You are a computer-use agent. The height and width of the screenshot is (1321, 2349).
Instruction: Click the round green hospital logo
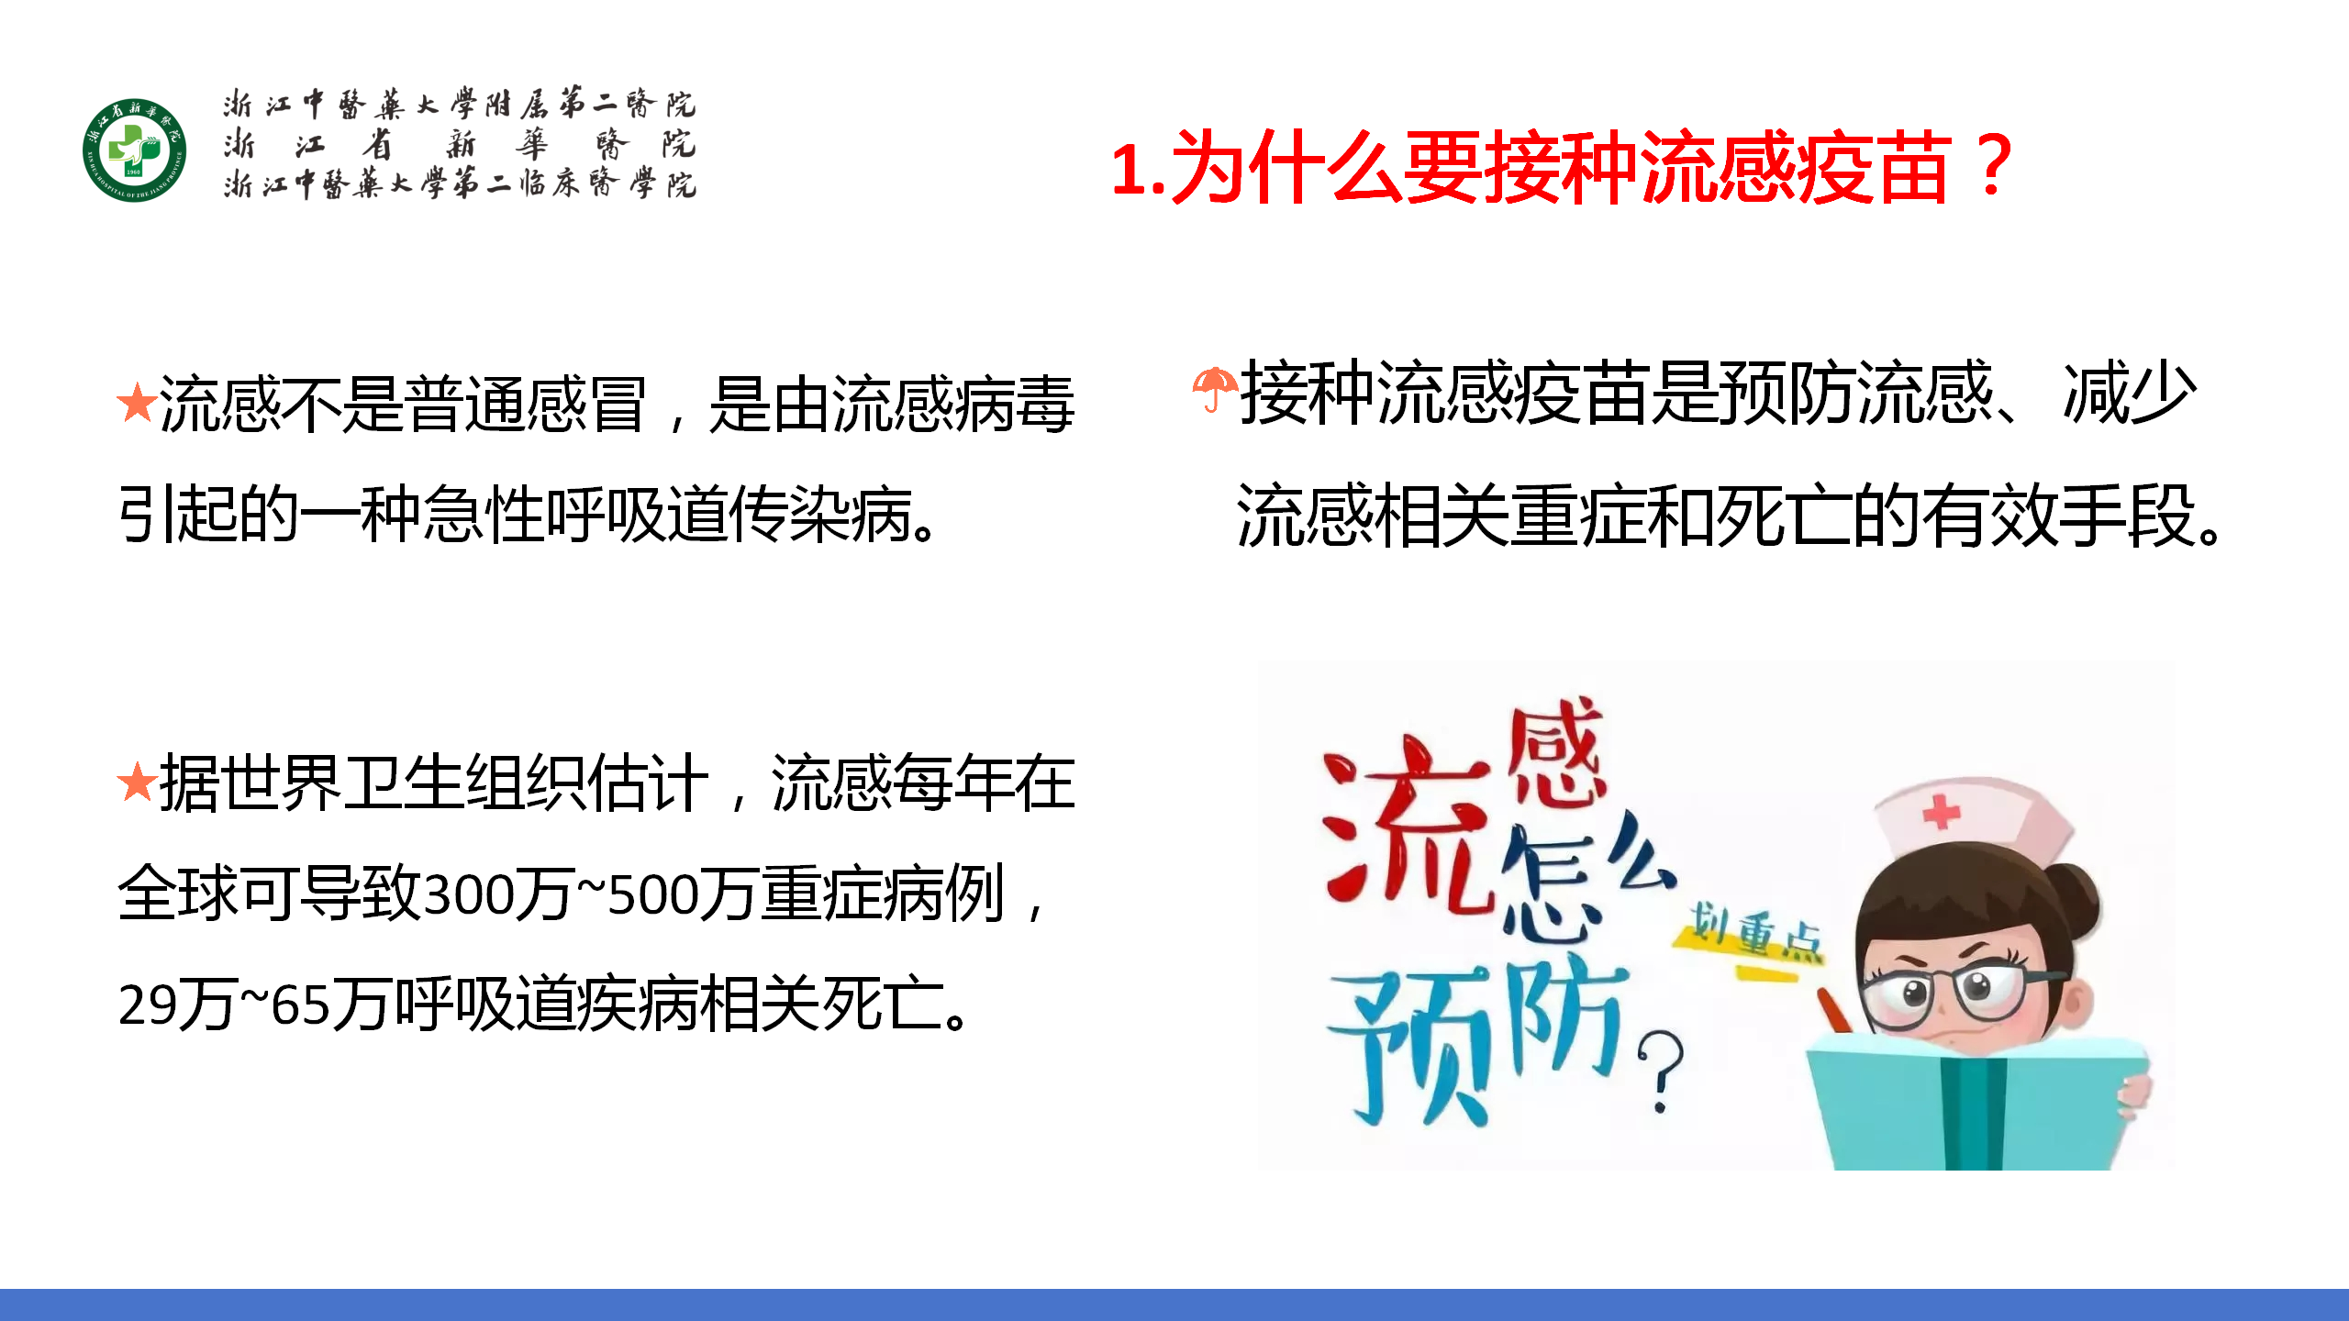134,150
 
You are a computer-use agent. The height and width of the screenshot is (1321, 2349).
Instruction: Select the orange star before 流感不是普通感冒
137,403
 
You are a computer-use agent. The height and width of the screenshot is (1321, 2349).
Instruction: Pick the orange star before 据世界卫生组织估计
137,782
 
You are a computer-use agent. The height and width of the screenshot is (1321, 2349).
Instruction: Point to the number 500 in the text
652,895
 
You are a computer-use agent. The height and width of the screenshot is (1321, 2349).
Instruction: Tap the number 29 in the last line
147,1005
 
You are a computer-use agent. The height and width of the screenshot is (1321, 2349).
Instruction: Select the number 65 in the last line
300,1005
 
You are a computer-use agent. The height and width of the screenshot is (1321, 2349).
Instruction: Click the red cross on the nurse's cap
1941,812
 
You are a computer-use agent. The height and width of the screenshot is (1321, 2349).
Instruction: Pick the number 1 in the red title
1129,171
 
